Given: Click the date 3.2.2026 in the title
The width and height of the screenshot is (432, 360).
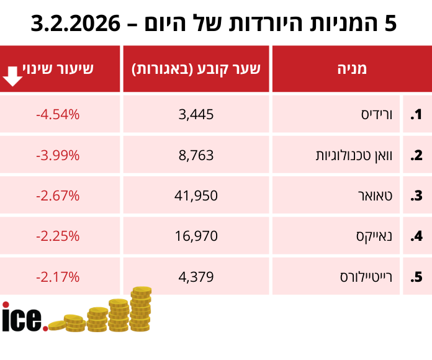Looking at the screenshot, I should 75,23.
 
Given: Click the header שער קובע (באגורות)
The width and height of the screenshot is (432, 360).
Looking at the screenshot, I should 197,69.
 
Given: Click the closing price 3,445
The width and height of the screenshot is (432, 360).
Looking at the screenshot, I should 196,114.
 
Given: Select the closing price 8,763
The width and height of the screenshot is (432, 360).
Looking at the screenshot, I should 196,155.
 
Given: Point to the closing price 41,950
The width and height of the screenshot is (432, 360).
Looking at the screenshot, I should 196,196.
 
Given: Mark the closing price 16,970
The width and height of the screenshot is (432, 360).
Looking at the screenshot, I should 196,236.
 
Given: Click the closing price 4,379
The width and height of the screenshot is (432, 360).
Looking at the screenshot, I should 196,276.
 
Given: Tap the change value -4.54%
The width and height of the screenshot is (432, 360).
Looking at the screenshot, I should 58,114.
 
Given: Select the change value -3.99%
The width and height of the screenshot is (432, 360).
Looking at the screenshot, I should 58,155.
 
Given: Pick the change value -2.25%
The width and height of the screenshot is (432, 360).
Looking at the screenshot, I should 58,236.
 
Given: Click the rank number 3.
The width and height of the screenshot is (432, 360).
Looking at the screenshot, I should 416,196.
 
